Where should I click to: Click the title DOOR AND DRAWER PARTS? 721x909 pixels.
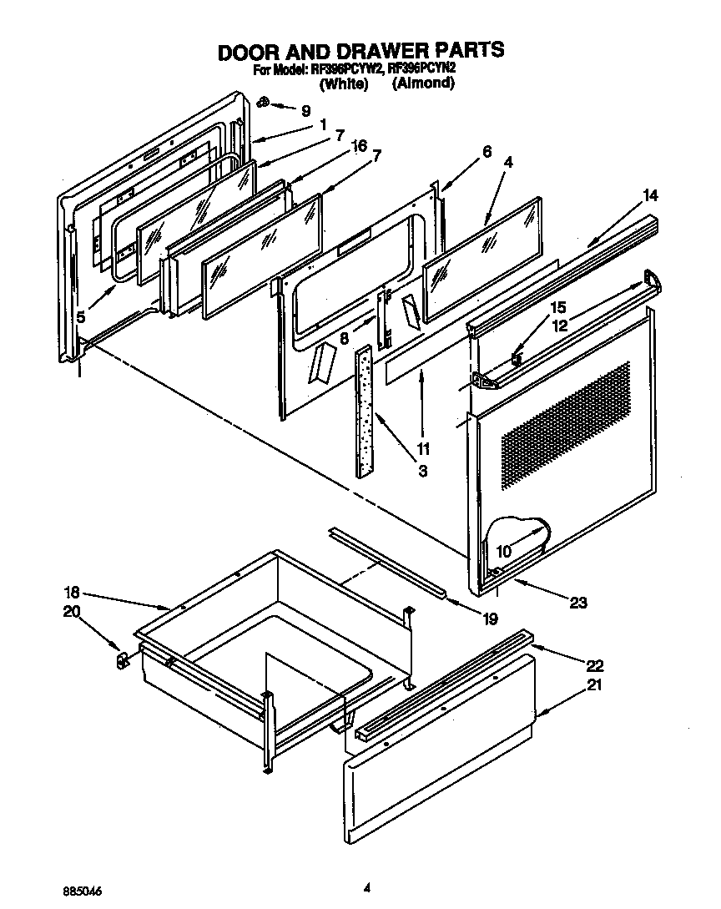pos(360,51)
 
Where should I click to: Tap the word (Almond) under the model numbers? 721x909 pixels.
pos(423,83)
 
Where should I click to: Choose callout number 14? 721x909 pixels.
pos(650,196)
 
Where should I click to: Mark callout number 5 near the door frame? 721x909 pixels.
pos(80,317)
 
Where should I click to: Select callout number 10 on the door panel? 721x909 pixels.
pos(504,551)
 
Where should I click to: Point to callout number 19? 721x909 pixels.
pos(490,619)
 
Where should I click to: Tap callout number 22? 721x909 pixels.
pos(594,665)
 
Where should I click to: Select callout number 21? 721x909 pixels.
pos(594,685)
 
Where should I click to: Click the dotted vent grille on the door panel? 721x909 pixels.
pos(564,426)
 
